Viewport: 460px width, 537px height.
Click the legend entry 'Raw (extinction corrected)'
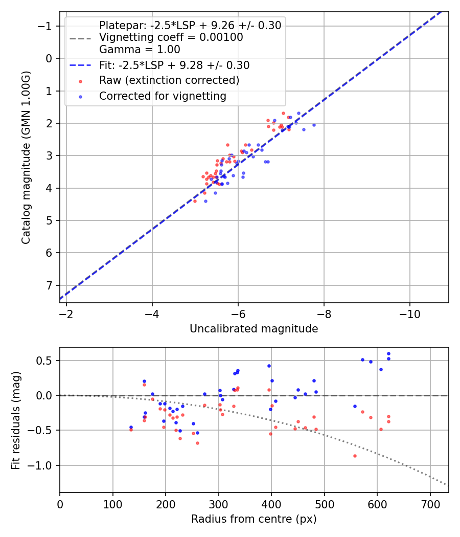pyautogui.click(x=169, y=80)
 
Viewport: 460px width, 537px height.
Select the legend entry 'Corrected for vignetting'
pyautogui.click(x=163, y=96)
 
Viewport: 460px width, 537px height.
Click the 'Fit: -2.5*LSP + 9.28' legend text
pyautogui.click(x=174, y=65)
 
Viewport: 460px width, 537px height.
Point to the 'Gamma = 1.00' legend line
pyautogui.click(x=140, y=50)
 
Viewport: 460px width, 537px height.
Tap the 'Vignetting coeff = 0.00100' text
pyautogui.click(x=171, y=37)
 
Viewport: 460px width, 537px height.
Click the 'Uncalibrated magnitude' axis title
pyautogui.click(x=254, y=329)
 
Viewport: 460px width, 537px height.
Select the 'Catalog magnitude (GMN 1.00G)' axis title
pyautogui.click(x=26, y=158)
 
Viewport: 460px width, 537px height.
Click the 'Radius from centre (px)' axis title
pyautogui.click(x=254, y=519)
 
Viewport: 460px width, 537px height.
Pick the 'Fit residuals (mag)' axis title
pyautogui.click(x=16, y=419)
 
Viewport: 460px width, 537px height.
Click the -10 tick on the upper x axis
pyautogui.click(x=409, y=313)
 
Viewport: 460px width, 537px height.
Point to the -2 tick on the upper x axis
pyautogui.click(x=66, y=313)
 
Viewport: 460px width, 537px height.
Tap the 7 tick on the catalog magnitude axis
pyautogui.click(x=50, y=285)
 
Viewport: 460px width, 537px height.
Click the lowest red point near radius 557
pyautogui.click(x=355, y=456)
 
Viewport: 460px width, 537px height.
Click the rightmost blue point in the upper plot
pyautogui.click(x=314, y=125)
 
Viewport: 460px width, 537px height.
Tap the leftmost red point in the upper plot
pyautogui.click(x=195, y=201)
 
